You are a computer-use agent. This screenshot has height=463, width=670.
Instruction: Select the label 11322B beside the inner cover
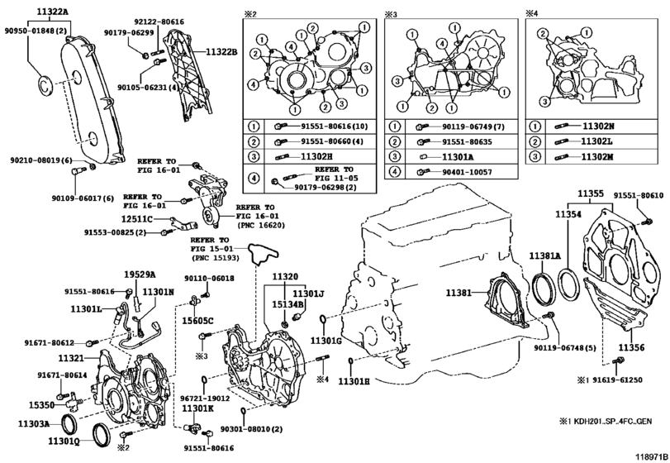(221, 53)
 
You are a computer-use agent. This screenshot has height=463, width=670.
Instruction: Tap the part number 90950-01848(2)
(36, 31)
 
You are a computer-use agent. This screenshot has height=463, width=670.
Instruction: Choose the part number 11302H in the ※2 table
(316, 156)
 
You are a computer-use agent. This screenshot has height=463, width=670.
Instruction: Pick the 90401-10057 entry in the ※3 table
(467, 172)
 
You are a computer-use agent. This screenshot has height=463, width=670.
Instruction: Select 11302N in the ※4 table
(598, 126)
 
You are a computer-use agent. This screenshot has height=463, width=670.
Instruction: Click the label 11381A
(545, 256)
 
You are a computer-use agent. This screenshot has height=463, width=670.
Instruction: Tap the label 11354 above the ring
(568, 214)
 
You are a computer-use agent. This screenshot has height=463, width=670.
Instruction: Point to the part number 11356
(631, 348)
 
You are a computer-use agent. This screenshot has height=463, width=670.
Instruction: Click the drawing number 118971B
(652, 456)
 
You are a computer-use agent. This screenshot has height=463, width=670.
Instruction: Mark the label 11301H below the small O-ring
(354, 380)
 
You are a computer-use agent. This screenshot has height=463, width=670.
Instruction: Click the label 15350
(41, 404)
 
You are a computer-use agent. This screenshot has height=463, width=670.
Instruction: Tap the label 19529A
(140, 274)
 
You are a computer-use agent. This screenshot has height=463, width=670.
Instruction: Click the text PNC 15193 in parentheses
(215, 258)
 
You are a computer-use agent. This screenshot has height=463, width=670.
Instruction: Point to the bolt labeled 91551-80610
(648, 221)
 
